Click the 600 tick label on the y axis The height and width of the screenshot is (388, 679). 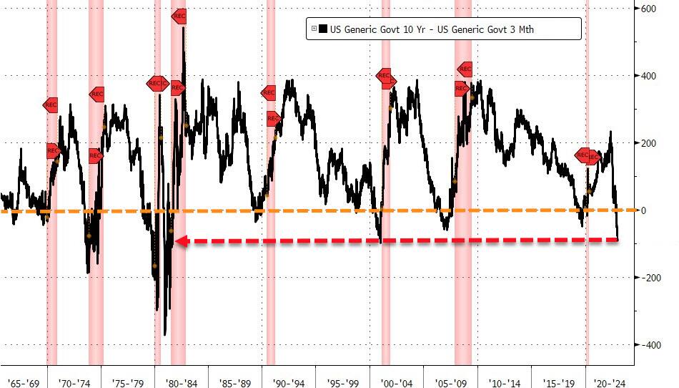point(648,9)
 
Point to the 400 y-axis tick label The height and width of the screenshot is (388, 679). point(648,76)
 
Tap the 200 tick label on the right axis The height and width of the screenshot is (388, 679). point(648,143)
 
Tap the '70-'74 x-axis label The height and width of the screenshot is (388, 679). point(74,381)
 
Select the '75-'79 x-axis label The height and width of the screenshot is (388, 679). point(128,381)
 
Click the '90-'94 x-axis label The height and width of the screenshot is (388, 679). point(289,381)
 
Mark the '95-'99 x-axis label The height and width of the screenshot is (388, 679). point(343,381)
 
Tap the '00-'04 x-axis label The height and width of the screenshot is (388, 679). point(397,381)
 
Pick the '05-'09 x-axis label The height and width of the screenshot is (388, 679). point(450,381)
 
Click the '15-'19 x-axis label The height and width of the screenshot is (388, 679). point(558,381)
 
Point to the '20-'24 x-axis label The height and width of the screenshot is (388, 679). point(612,381)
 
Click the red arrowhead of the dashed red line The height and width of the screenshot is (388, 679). point(182,241)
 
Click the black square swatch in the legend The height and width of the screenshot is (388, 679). point(323,29)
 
